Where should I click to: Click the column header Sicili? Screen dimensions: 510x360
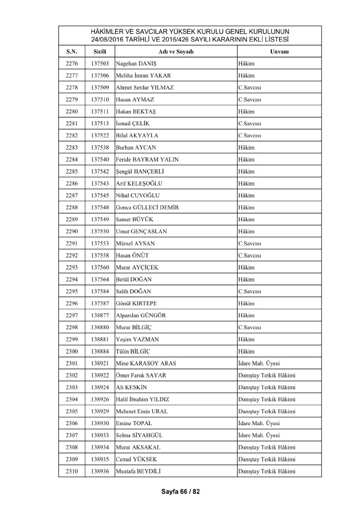(100, 52)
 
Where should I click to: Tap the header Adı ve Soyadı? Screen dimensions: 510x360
(176, 52)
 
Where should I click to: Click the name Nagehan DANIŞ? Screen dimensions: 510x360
(137, 64)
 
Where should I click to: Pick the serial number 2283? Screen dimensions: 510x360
(71, 147)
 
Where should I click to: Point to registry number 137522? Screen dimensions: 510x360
(100, 135)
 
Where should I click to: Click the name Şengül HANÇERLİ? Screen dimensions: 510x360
(142, 171)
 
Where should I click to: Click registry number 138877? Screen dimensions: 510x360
(100, 315)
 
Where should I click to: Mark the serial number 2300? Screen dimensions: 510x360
(71, 351)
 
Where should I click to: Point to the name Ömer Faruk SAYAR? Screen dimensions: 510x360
(141, 375)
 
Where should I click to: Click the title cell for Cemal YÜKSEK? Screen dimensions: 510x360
(266, 460)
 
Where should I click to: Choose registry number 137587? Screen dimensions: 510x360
(100, 303)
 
